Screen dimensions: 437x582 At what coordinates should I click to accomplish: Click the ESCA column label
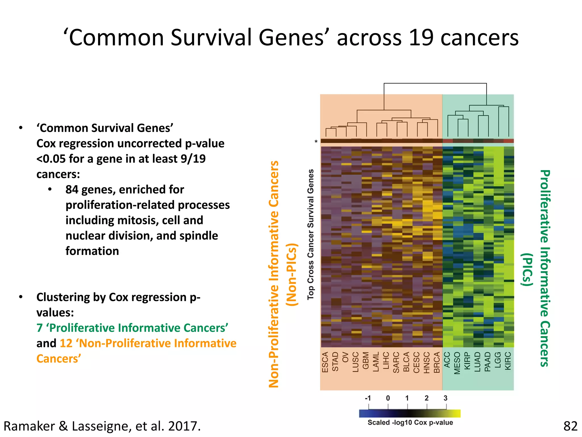point(325,362)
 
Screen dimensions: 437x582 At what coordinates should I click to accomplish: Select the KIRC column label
point(508,361)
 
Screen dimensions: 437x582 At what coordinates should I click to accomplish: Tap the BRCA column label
point(437,362)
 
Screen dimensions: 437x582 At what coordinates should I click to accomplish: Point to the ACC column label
point(447,360)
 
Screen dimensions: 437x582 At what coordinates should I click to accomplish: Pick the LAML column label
point(376,362)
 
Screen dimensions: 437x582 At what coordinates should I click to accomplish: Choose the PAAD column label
point(488,362)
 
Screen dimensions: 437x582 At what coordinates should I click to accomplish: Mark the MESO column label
point(457,363)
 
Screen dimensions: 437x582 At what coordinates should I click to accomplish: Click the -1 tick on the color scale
point(368,398)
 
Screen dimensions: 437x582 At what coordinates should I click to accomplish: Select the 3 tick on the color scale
point(445,398)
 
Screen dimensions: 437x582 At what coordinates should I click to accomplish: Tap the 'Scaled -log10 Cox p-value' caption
point(410,422)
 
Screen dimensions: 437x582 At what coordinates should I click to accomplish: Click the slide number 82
point(570,426)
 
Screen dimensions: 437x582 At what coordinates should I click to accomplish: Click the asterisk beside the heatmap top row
point(316,142)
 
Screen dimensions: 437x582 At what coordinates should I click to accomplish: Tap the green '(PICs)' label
point(527,269)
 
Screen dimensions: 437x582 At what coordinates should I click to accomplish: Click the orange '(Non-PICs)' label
point(292,275)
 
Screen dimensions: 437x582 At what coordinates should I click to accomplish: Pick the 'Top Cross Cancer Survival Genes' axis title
point(311,234)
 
